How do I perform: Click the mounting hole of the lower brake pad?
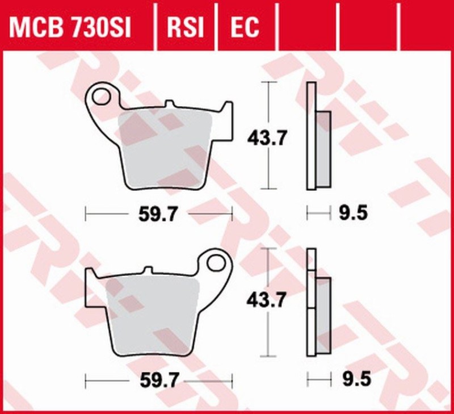[216, 262]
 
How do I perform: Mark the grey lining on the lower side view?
[322, 315]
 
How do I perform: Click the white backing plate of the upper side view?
[310, 136]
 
